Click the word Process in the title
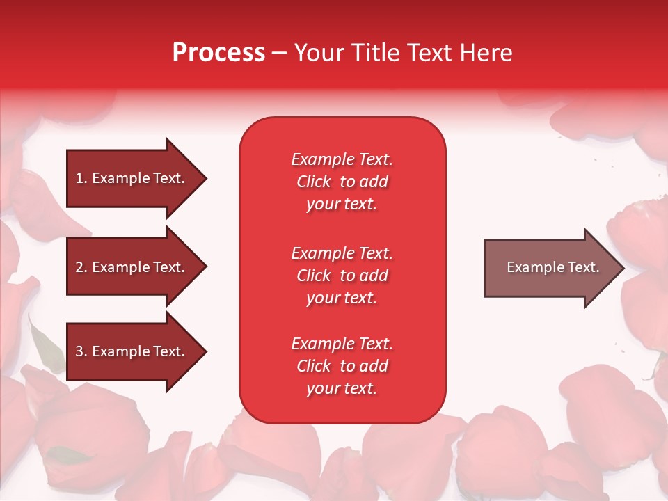click(218, 53)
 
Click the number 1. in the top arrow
click(81, 178)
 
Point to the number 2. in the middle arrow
click(81, 267)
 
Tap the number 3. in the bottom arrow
click(81, 351)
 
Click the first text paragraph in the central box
click(342, 182)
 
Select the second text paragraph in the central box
click(342, 276)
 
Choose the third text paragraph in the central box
click(342, 366)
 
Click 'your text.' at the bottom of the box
click(342, 389)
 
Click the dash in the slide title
click(279, 54)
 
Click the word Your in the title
click(319, 53)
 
